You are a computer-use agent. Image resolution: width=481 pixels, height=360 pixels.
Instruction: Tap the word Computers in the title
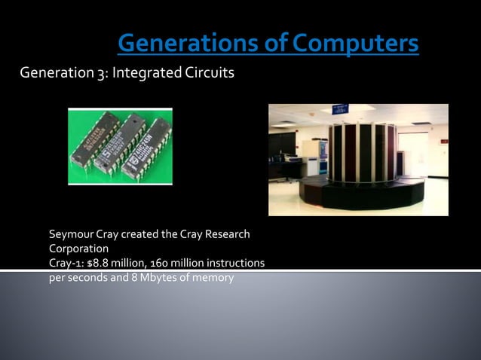355,43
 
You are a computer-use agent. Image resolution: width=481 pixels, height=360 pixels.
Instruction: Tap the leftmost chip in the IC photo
94,140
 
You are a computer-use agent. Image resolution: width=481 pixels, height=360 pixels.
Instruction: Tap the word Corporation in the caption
78,248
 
